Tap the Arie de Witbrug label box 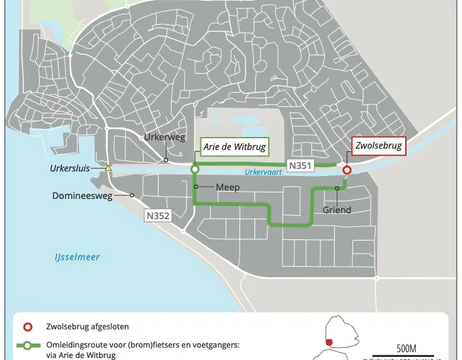234,147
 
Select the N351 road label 300,166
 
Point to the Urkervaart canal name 263,173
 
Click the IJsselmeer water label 77,257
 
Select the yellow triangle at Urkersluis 109,168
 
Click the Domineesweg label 90,195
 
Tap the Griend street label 337,210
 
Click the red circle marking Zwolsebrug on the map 347,170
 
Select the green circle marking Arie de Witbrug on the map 194,170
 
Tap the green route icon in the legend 26,344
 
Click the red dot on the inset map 329,342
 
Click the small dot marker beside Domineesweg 132,195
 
